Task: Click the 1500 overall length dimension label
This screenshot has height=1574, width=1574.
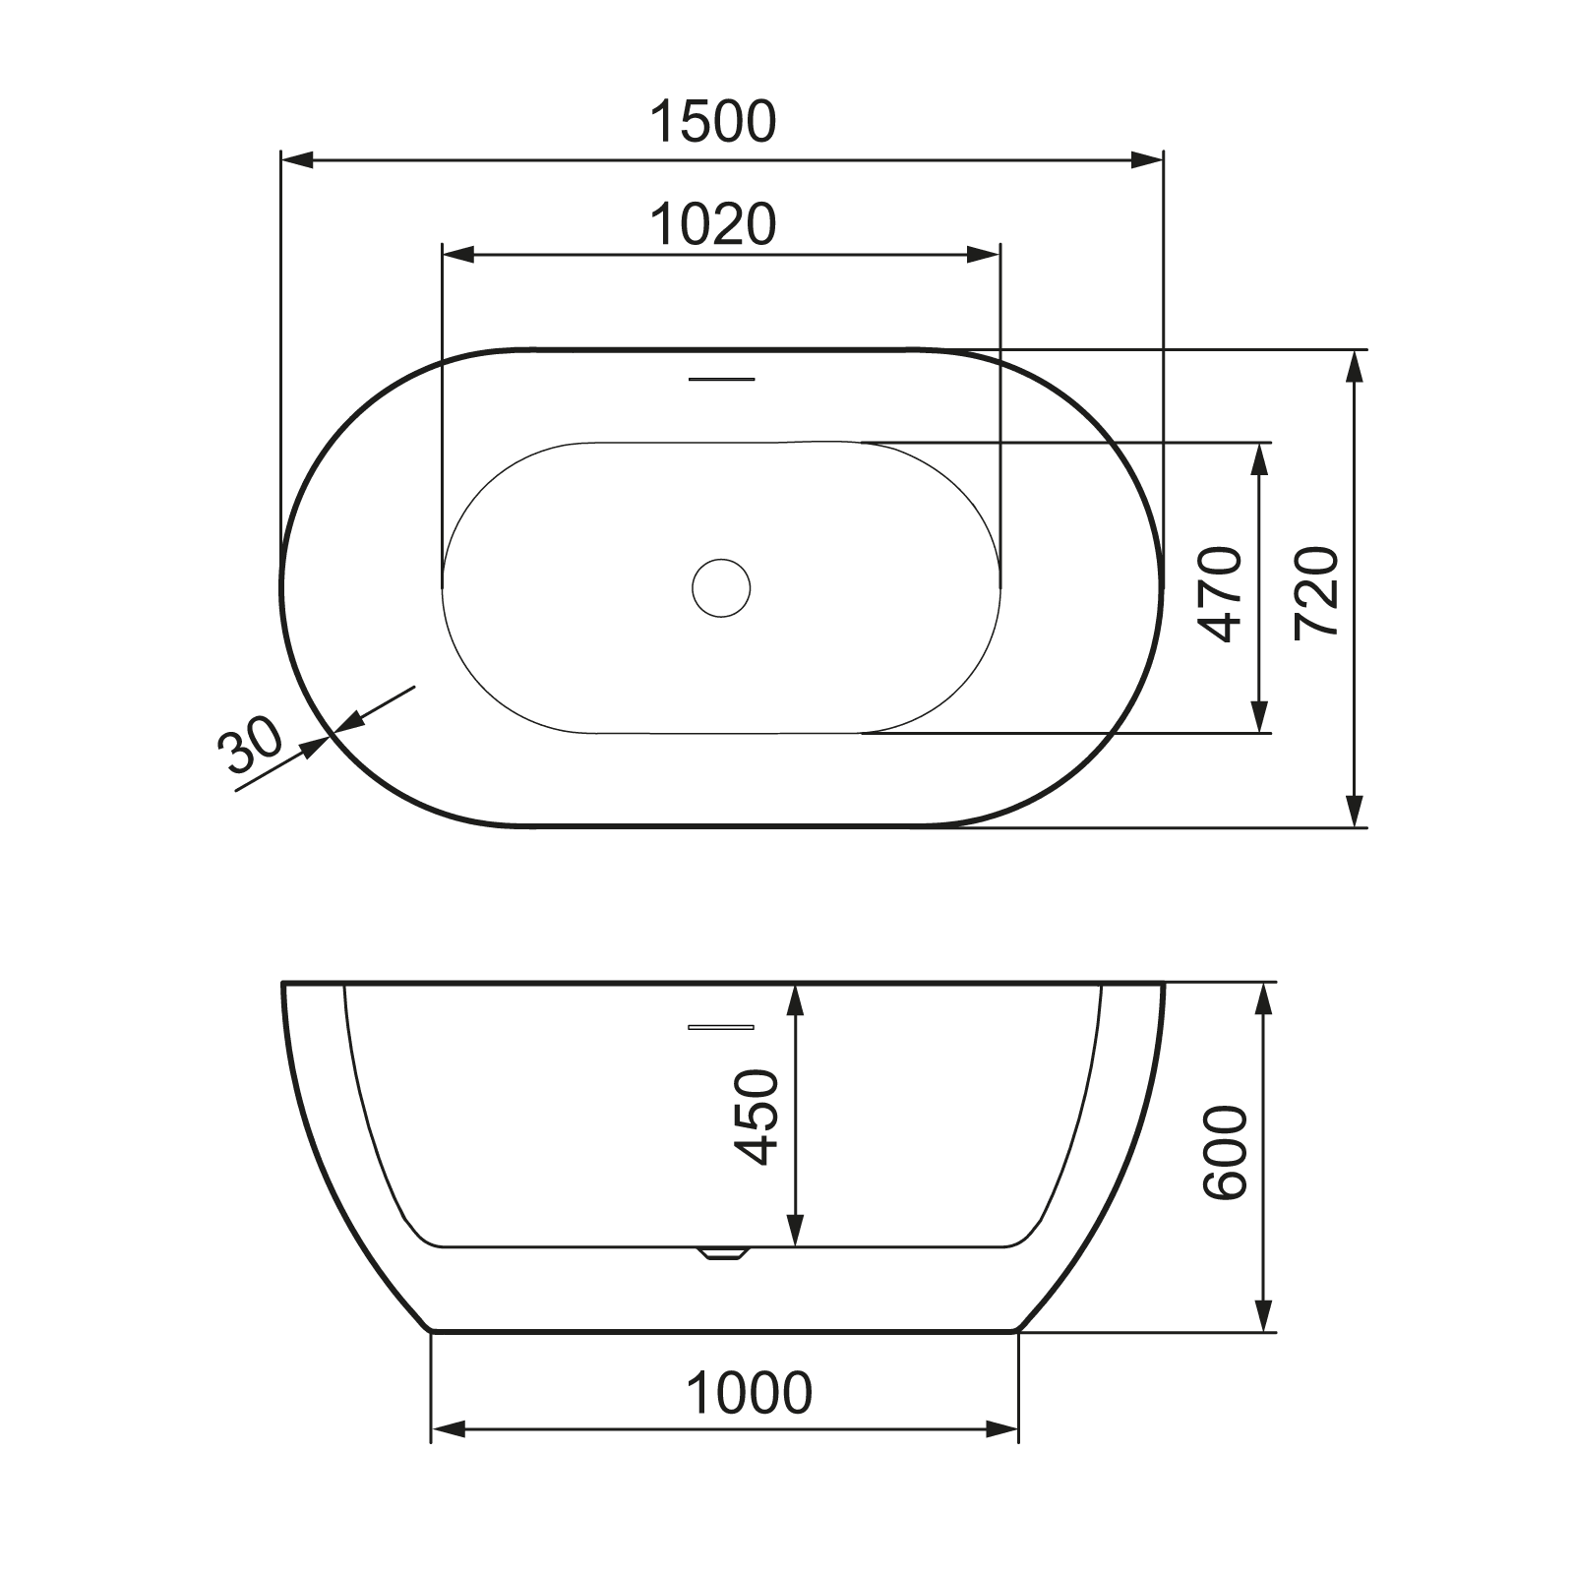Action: point(713,122)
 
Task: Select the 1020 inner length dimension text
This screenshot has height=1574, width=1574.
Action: point(713,224)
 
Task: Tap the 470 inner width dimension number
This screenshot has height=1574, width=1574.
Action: point(1224,593)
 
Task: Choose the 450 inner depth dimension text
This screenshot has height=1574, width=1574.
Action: point(757,1117)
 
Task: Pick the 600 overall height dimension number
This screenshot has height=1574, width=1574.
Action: point(1225,1152)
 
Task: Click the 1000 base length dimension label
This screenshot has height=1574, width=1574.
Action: point(749,1393)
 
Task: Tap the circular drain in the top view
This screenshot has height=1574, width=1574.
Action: point(721,588)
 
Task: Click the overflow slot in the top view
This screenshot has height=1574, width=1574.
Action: point(721,379)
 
